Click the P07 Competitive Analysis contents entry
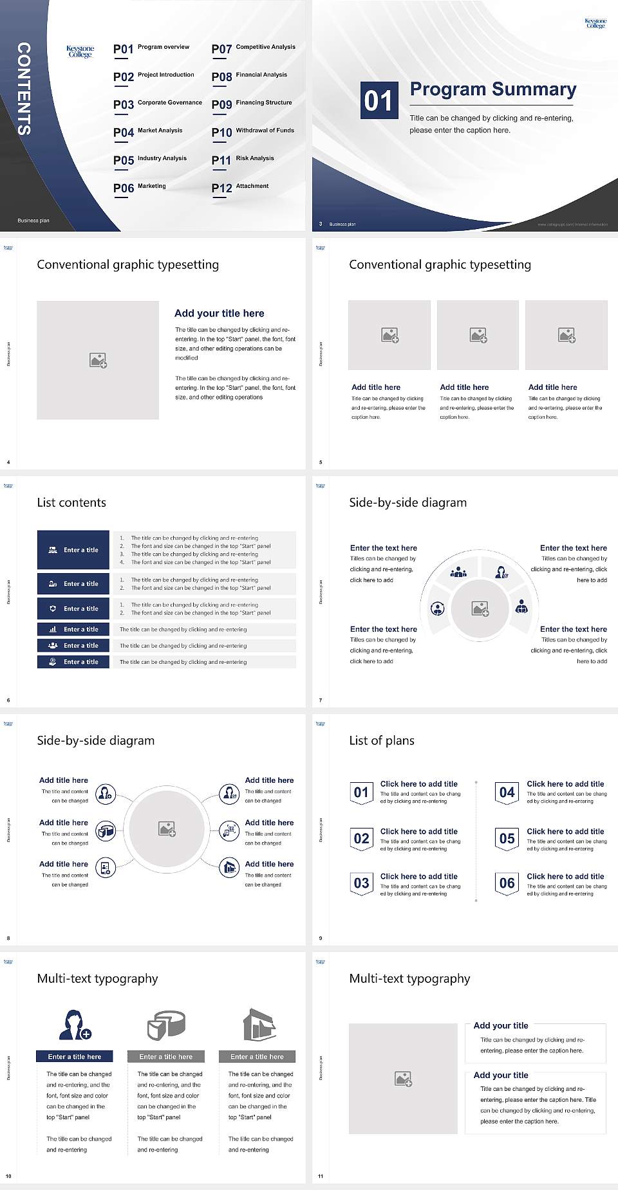coord(253,48)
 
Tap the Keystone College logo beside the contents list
coord(80,51)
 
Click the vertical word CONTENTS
coord(24,89)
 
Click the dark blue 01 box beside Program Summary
coord(379,100)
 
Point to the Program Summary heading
coord(492,89)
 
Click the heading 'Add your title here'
coord(219,313)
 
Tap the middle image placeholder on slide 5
coord(478,335)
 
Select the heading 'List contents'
coord(71,502)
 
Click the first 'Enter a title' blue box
coord(73,550)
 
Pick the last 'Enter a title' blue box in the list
coord(73,662)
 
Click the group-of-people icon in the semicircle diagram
coord(458,571)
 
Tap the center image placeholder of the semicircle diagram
coord(480,609)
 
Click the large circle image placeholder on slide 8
coord(167,829)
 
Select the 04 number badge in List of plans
coord(507,792)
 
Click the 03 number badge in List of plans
coord(361,883)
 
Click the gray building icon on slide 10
coord(259,1025)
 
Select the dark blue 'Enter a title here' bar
coord(75,1057)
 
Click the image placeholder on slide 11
coord(403,1079)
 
